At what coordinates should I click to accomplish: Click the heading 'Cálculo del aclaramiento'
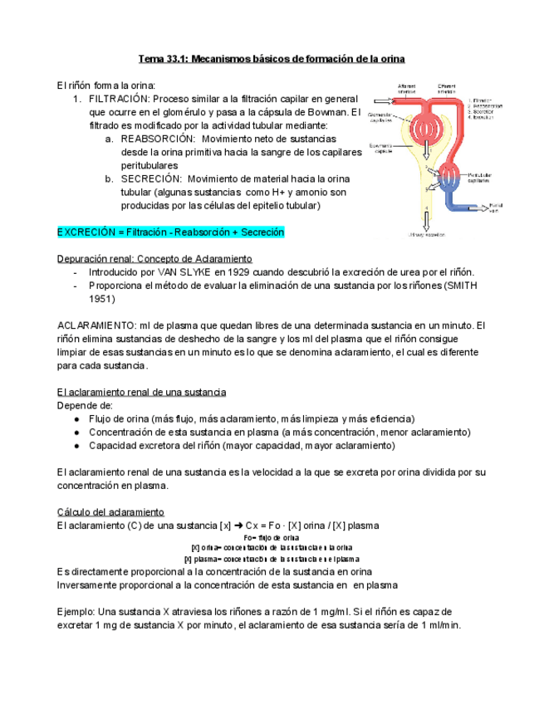coord(110,511)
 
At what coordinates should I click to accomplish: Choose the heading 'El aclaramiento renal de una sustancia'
coord(141,392)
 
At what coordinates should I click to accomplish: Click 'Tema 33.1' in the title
coord(164,59)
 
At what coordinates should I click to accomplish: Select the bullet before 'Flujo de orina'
coord(77,418)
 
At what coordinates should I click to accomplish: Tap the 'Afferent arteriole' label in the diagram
coord(407,88)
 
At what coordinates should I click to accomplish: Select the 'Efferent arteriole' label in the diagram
coord(449,88)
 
